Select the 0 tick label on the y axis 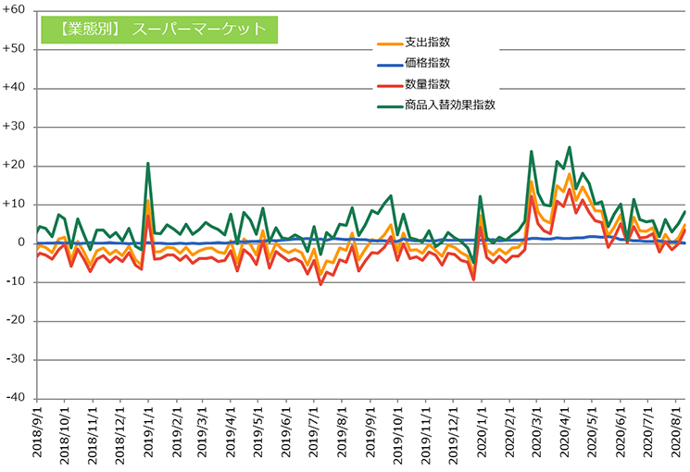click(21, 242)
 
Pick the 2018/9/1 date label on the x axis click(37, 436)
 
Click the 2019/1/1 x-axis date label click(148, 436)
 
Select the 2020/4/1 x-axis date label click(569, 436)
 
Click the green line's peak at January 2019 click(148, 164)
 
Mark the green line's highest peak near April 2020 click(569, 147)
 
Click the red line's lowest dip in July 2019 click(320, 283)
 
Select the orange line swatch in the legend click(388, 43)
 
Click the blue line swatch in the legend click(388, 64)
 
